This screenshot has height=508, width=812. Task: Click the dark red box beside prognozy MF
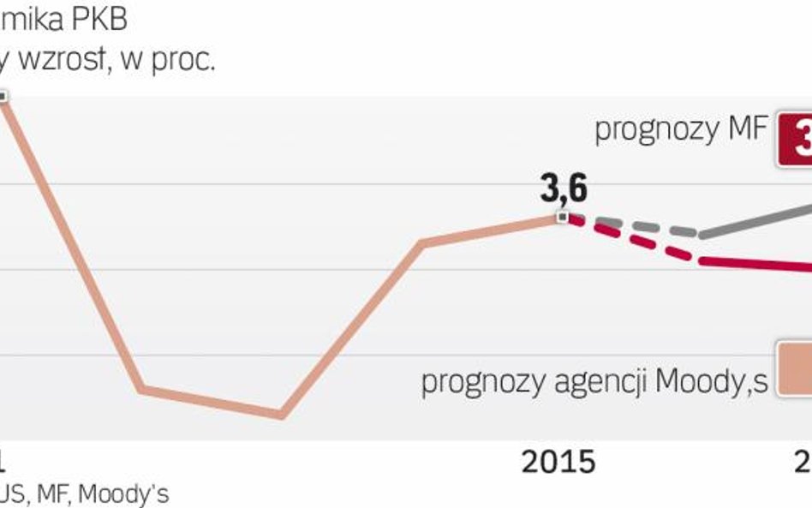796,139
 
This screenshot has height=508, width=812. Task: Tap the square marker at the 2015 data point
562,217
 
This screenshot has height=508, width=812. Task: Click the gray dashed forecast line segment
634,224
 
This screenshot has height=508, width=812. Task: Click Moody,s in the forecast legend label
711,381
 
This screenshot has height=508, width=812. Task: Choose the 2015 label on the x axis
558,463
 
